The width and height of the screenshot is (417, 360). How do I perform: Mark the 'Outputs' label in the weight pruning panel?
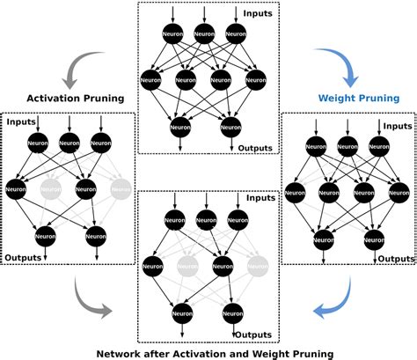[395, 258]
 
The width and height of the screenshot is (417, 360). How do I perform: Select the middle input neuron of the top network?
[204, 34]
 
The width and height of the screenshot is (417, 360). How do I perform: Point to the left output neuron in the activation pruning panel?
[46, 234]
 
